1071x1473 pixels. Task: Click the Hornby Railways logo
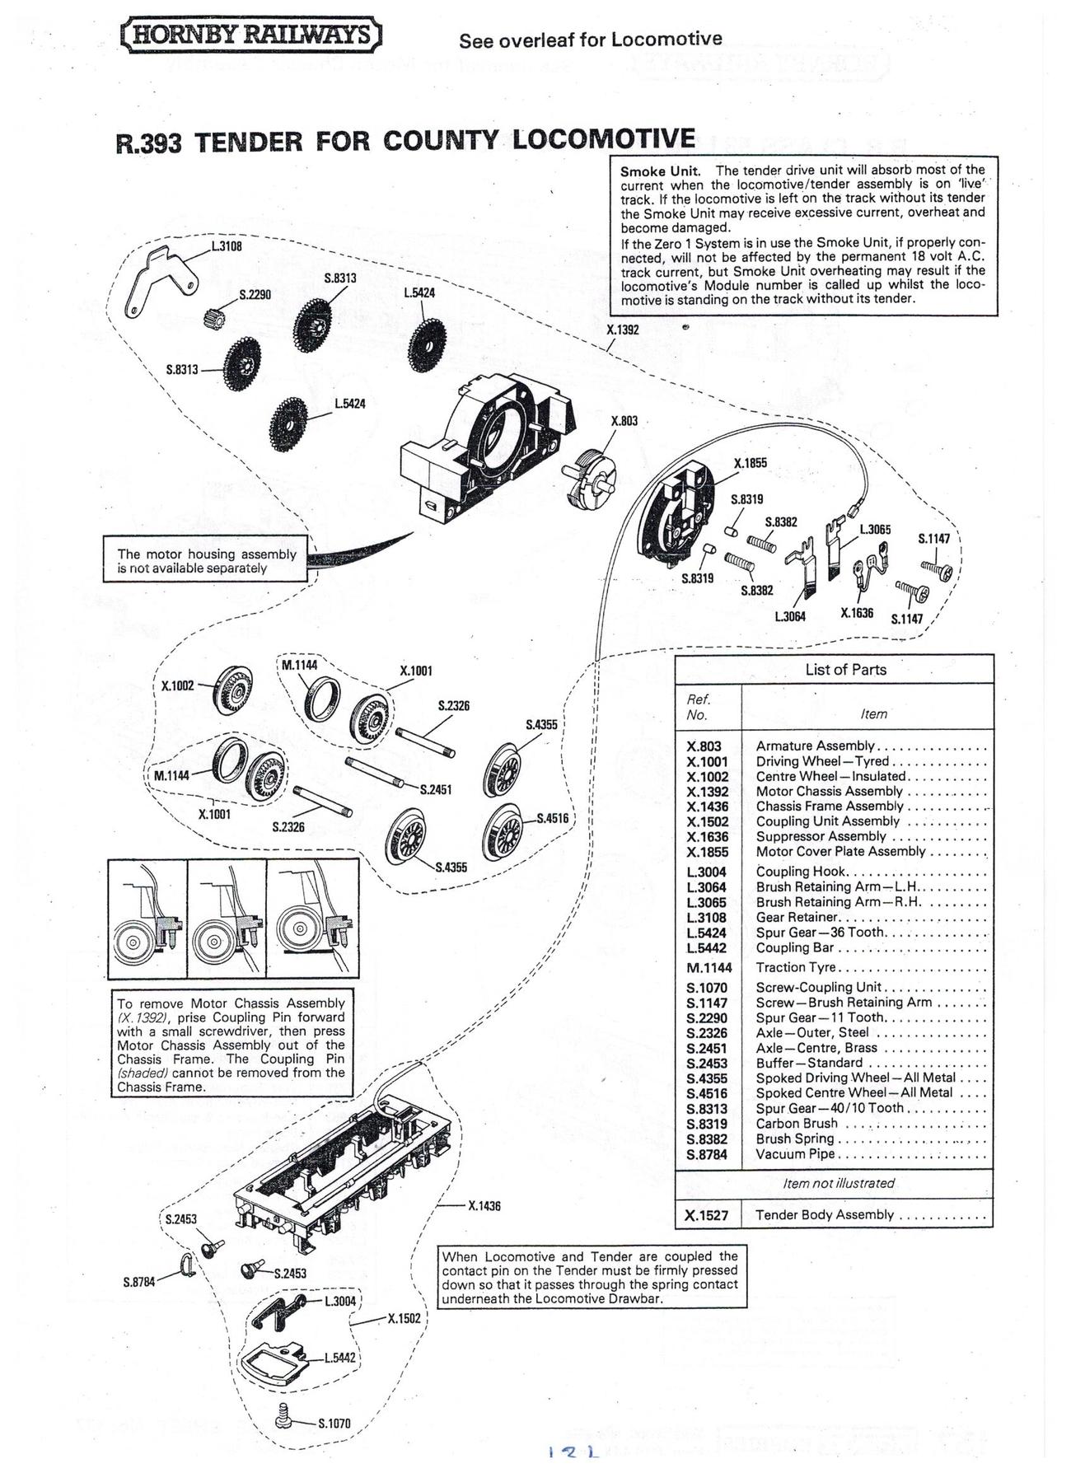point(251,35)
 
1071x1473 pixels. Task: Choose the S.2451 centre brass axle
point(375,772)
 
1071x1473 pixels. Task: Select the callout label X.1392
point(622,330)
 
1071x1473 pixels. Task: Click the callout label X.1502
point(404,1318)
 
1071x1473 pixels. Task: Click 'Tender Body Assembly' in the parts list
point(824,1214)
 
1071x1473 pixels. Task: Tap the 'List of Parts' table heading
point(845,670)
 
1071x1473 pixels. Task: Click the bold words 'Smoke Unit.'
point(660,171)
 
